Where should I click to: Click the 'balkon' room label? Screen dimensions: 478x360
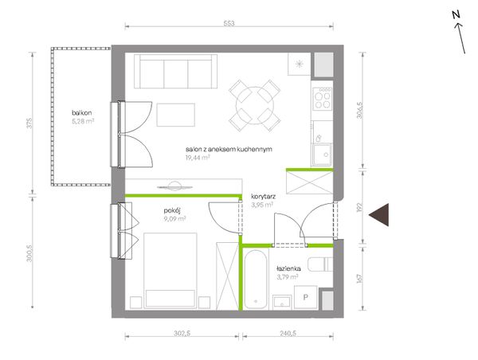click(x=82, y=113)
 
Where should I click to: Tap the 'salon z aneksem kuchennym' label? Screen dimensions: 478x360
click(x=229, y=150)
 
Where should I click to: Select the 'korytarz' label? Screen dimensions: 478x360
click(x=264, y=197)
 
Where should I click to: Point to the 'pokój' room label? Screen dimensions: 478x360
click(x=172, y=210)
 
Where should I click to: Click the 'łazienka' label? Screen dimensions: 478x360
click(x=288, y=268)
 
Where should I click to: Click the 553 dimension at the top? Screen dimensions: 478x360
click(x=229, y=23)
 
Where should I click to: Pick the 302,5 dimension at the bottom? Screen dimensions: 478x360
click(x=182, y=333)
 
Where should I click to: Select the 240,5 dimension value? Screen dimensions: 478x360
click(x=288, y=333)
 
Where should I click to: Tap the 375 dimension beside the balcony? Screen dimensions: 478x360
click(x=29, y=123)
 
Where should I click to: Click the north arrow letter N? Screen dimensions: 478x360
click(x=456, y=14)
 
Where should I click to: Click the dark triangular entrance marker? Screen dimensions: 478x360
click(x=381, y=214)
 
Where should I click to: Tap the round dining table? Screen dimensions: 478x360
click(x=255, y=106)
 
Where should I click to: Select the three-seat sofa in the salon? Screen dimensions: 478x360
click(x=175, y=72)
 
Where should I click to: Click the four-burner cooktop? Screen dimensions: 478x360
click(x=323, y=99)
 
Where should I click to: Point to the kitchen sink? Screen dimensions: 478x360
click(x=322, y=155)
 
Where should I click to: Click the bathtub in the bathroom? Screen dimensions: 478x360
click(x=256, y=280)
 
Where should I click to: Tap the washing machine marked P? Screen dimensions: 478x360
click(x=306, y=298)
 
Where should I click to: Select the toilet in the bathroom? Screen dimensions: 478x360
click(x=320, y=264)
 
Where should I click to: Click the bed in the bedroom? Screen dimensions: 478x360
click(x=170, y=271)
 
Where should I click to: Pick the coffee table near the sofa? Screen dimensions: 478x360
click(x=176, y=115)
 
